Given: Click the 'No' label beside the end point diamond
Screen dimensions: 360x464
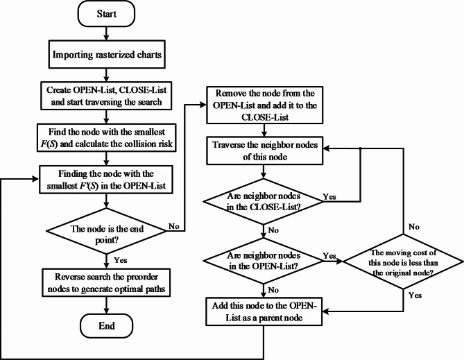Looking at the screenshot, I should pyautogui.click(x=174, y=226).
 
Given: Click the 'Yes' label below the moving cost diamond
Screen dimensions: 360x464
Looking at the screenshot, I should pyautogui.click(x=415, y=294).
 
